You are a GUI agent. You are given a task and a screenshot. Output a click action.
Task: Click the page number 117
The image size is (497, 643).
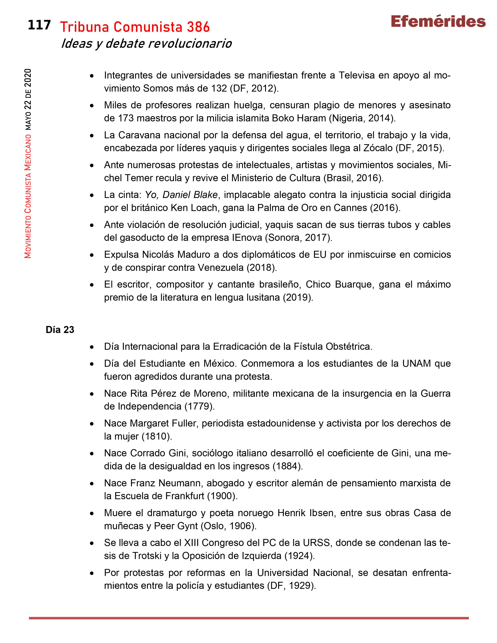(x=39, y=25)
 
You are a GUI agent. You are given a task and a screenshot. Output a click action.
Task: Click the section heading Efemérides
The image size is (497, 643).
(x=438, y=22)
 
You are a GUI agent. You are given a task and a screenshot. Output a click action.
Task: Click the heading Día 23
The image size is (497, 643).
(x=60, y=330)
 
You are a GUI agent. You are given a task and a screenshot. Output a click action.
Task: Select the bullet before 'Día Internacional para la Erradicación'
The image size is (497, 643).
(x=92, y=347)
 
